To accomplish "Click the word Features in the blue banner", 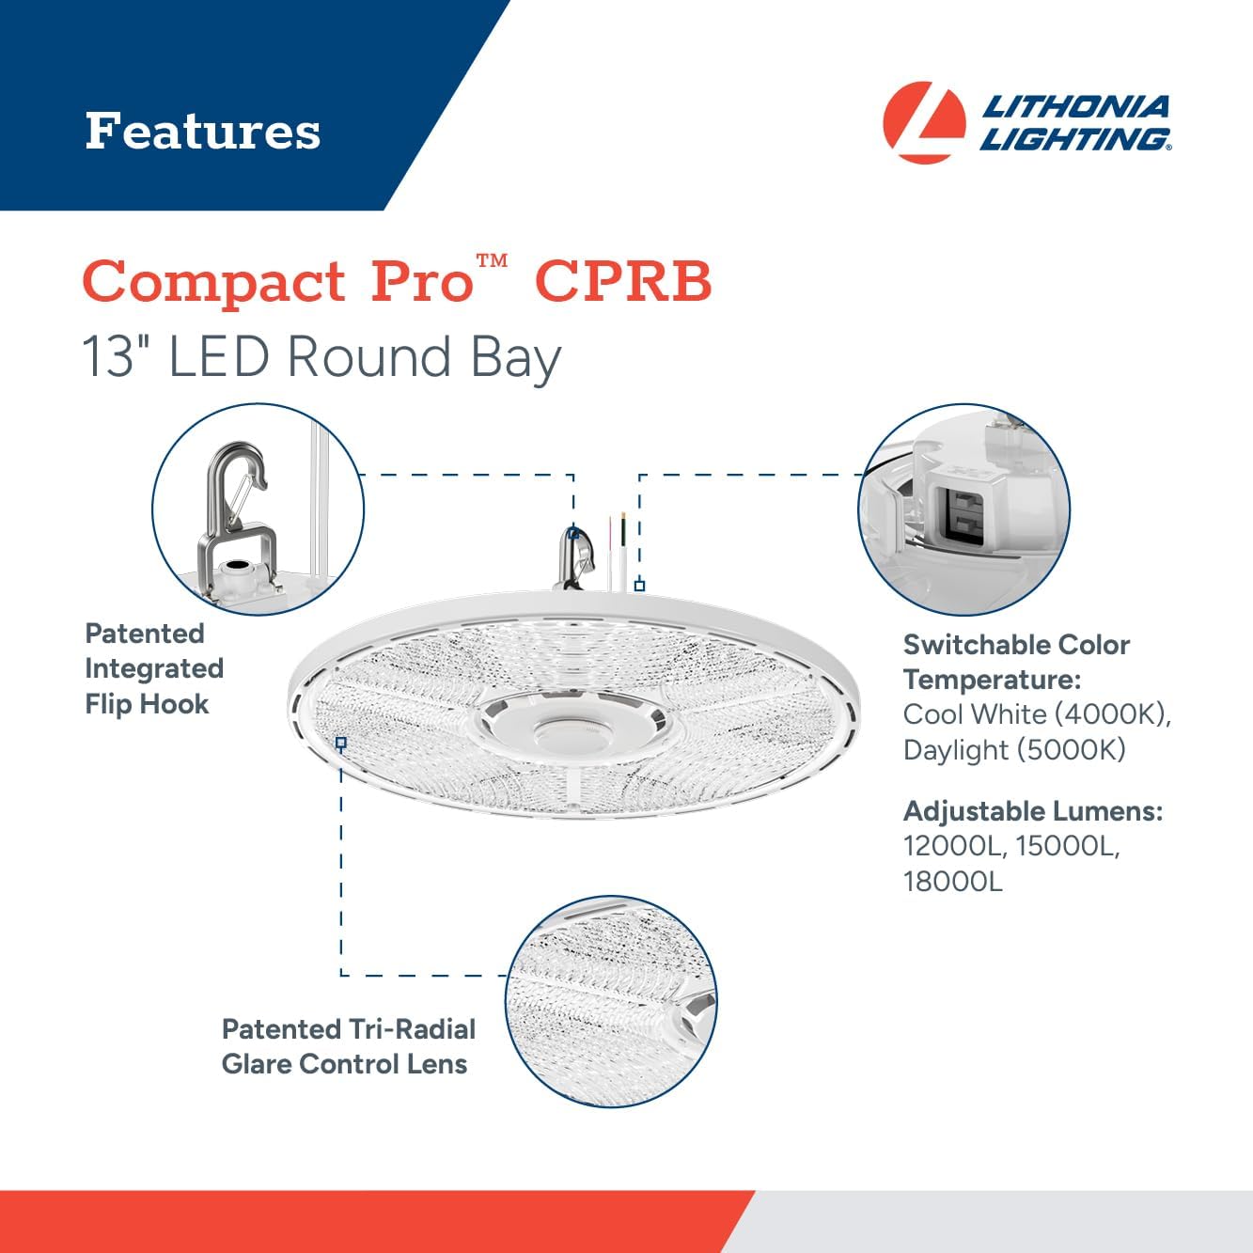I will click(x=202, y=131).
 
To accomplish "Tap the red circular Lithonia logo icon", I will click(x=924, y=122).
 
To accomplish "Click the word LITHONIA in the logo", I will click(x=1075, y=106).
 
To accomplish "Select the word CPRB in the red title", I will click(x=623, y=281).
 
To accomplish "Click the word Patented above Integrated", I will click(x=145, y=634).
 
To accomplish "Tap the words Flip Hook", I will click(x=147, y=704).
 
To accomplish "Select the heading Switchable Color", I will click(x=1016, y=645).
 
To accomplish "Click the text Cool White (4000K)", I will click(x=1036, y=714).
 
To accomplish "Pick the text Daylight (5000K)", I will click(x=1014, y=750).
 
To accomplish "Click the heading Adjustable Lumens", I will click(x=1033, y=811).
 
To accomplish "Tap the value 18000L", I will click(x=952, y=882).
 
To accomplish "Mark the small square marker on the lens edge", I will click(x=341, y=743).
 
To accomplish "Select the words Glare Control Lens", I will click(x=344, y=1064).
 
